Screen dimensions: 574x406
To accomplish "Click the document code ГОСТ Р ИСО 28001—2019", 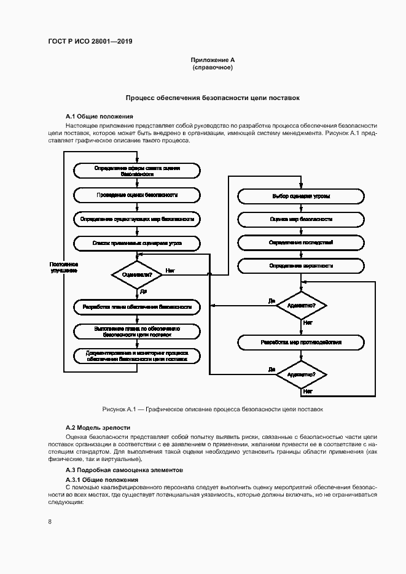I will coord(90,42).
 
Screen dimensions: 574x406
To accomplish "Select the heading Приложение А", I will coord(213,60).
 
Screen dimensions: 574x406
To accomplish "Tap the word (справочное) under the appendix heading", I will coord(213,67).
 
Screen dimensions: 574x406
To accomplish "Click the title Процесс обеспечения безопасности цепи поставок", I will coord(213,98).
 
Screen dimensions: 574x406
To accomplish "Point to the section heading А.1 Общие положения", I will coord(99,116).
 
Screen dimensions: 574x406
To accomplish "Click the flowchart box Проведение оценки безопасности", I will coord(137,195).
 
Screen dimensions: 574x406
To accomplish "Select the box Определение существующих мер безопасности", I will coord(137,219).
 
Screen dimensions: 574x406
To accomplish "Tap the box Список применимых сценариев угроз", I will coord(137,244).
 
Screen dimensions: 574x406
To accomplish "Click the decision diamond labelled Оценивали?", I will coord(137,275).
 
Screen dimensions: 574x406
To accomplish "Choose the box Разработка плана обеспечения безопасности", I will coord(137,306).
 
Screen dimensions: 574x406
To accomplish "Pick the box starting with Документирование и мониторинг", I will coord(137,357).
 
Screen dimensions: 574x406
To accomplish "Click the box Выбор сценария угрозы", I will coord(301,196).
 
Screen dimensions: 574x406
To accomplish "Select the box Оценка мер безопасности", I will coord(301,219).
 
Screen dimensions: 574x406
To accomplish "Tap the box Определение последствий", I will coord(301,242).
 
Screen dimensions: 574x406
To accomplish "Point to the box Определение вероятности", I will coord(301,266).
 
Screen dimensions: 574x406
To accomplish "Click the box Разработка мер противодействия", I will coord(301,342).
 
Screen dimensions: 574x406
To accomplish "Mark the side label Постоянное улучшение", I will coord(64,267).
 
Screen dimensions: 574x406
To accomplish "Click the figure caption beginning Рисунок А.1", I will coord(212,409).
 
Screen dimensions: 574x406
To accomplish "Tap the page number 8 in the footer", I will coord(50,522).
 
